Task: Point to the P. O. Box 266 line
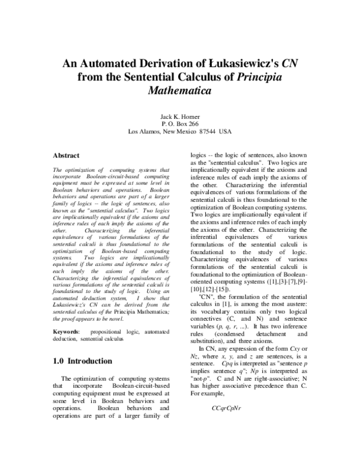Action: coord(179,123)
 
